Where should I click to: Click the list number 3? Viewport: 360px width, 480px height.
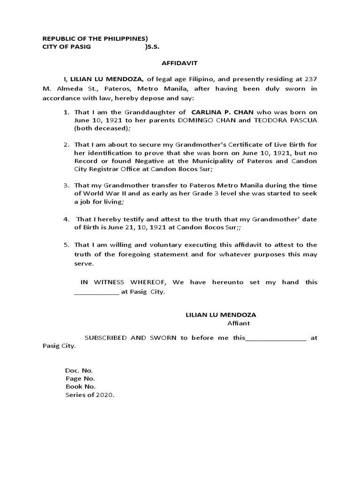[x=67, y=186]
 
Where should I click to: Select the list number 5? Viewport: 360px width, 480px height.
[x=67, y=245]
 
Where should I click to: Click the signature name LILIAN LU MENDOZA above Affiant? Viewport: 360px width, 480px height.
[x=221, y=315]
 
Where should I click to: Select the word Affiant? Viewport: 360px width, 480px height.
[x=239, y=323]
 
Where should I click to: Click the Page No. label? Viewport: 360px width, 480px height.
[x=80, y=378]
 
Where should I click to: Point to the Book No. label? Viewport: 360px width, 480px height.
[x=81, y=387]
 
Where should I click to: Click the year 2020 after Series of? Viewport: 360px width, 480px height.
[x=105, y=395]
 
